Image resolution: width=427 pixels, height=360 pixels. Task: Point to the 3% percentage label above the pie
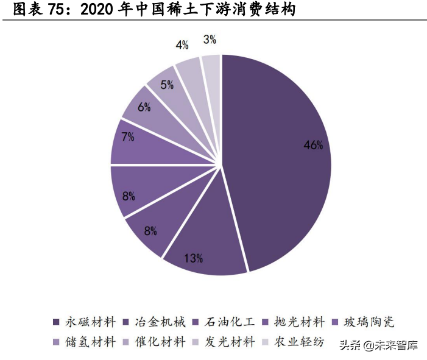pyautogui.click(x=210, y=40)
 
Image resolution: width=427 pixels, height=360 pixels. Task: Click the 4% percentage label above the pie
pyautogui.click(x=182, y=45)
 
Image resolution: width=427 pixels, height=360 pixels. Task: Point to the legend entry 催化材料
pyautogui.click(x=160, y=342)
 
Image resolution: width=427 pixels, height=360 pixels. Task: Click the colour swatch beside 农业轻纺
pyautogui.click(x=266, y=342)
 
